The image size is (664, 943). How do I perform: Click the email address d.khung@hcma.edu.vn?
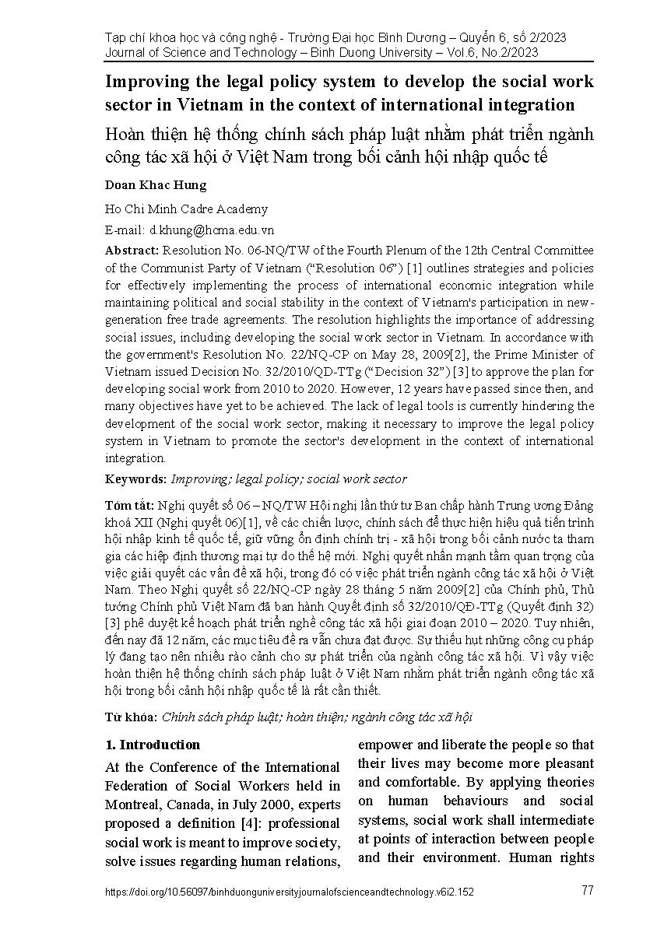pyautogui.click(x=212, y=230)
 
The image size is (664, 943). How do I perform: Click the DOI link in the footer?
pyautogui.click(x=290, y=892)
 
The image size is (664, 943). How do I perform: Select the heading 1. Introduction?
pyautogui.click(x=153, y=745)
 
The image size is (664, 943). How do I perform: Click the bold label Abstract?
pyautogui.click(x=132, y=250)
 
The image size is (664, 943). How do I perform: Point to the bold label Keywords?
pyautogui.click(x=135, y=479)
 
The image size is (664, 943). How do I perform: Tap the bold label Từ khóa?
pyautogui.click(x=130, y=717)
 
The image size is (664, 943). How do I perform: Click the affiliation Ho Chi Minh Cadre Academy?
pyautogui.click(x=186, y=209)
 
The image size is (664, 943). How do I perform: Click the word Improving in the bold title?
pyautogui.click(x=144, y=82)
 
